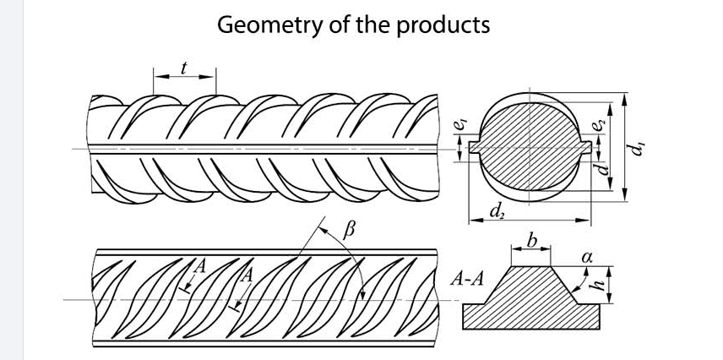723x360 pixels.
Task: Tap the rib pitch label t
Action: click(x=183, y=67)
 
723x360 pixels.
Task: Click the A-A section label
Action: click(x=467, y=279)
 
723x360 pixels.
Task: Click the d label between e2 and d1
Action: click(x=603, y=168)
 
